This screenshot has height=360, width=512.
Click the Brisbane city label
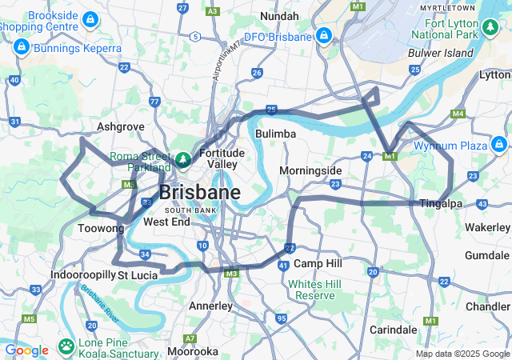[199, 193]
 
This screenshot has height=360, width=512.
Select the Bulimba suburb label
[275, 134]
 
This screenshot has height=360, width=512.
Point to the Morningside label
[310, 170]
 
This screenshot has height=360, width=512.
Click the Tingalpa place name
[441, 203]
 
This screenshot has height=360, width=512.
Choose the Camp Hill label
[318, 263]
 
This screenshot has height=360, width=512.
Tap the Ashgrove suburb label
[121, 126]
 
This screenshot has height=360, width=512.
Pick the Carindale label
[393, 329]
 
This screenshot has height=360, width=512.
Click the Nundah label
[279, 16]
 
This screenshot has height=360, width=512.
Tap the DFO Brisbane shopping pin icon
[324, 36]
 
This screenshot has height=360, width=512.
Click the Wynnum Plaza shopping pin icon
[499, 145]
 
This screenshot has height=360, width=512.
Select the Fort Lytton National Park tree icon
[490, 30]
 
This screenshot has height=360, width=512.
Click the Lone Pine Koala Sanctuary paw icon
[65, 347]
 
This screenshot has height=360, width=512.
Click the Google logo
[26, 350]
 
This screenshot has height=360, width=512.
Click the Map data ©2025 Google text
[462, 354]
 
